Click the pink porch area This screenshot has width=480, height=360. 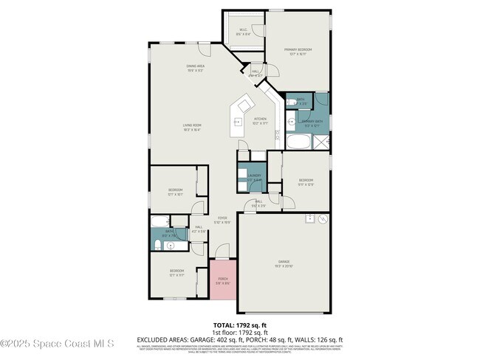[x=223, y=280]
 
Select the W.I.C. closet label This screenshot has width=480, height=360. [x=243, y=31]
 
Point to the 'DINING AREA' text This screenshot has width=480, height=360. [x=195, y=67]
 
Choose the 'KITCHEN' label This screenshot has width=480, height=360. [x=260, y=119]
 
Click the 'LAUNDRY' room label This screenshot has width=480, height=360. [x=254, y=176]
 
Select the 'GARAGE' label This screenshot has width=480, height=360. [x=284, y=261]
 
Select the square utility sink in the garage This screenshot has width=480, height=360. [x=309, y=219]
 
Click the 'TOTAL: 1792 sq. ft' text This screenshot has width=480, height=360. [x=239, y=325]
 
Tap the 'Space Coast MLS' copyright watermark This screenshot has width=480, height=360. [x=57, y=343]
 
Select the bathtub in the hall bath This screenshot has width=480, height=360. [x=160, y=221]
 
